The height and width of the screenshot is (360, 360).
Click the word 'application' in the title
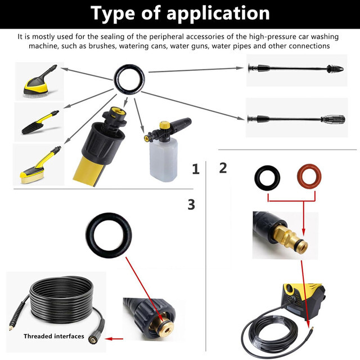pyautogui.click(x=218, y=14)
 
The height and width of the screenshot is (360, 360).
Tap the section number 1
pyautogui.click(x=196, y=169)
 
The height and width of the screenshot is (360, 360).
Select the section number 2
pyautogui.click(x=223, y=168)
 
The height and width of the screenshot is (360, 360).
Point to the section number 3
pyautogui.click(x=191, y=204)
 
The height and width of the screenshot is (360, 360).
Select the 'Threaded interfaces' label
pyautogui.click(x=54, y=336)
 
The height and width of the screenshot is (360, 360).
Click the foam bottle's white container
pyautogui.click(x=164, y=159)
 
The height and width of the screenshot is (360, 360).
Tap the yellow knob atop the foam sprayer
pyautogui.click(x=165, y=125)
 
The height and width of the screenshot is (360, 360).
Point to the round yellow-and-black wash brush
pyautogui.click(x=39, y=83)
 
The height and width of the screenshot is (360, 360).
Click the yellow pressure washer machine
pyautogui.click(x=304, y=299)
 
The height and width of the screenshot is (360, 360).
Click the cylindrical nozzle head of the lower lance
pyautogui.click(x=334, y=119)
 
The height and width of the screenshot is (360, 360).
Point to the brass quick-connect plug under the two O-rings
pyautogui.click(x=290, y=238)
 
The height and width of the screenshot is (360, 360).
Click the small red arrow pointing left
pyautogui.click(x=114, y=339)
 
